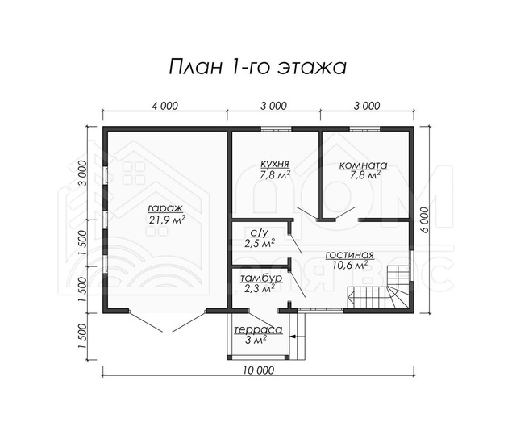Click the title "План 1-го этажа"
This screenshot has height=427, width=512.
click(257, 67)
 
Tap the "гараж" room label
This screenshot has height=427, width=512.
click(165, 208)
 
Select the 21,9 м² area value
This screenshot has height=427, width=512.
click(167, 220)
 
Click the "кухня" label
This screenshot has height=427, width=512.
click(275, 164)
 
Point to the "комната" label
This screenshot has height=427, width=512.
click(364, 165)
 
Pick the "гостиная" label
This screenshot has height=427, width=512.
click(349, 255)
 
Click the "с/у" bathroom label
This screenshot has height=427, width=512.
click(260, 232)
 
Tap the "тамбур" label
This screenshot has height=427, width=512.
click(261, 279)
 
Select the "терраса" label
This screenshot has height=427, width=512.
click(258, 330)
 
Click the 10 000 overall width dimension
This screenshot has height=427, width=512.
click(259, 370)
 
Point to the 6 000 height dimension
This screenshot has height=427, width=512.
click(424, 220)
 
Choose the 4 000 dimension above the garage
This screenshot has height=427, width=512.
click(165, 106)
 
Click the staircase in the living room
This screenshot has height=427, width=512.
click(379, 287)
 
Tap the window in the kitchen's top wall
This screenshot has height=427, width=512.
click(277, 129)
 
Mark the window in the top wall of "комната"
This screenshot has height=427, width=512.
click(365, 129)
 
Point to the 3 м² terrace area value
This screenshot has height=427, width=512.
click(256, 340)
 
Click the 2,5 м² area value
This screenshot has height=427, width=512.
click(260, 243)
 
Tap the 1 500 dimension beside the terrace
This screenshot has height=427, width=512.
click(83, 337)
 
